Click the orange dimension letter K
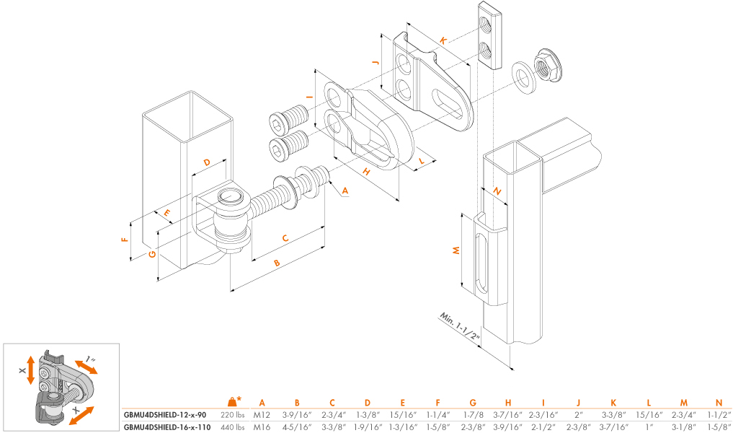pos(442,40)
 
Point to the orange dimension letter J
pos(376,63)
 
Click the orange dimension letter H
pos(366,172)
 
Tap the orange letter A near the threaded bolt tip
pos(345,191)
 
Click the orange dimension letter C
pos(285,238)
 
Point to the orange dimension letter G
pos(153,254)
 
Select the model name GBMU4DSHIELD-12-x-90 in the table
pos(166,415)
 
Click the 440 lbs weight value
pos(232,427)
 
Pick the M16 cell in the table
pos(262,427)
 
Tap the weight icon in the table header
pos(232,401)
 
